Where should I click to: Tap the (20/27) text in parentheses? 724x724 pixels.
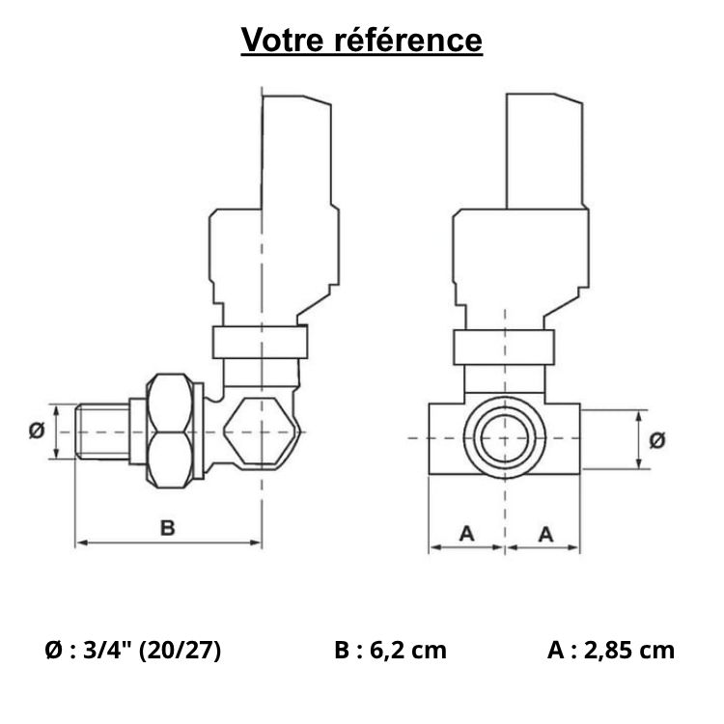[x=181, y=650]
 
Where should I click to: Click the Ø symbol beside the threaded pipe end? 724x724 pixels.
[x=36, y=432]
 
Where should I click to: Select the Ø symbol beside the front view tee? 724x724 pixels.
[x=658, y=440]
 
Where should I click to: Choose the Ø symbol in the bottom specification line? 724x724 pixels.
[x=54, y=650]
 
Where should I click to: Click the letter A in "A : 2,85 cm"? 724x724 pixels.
[x=555, y=650]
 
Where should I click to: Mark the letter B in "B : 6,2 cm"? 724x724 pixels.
[x=343, y=650]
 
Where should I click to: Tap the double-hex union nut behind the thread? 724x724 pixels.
[x=175, y=432]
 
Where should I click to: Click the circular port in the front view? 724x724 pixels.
[x=505, y=439]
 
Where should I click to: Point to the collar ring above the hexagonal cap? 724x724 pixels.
[x=260, y=342]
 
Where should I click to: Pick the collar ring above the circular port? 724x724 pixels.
[x=505, y=346]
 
